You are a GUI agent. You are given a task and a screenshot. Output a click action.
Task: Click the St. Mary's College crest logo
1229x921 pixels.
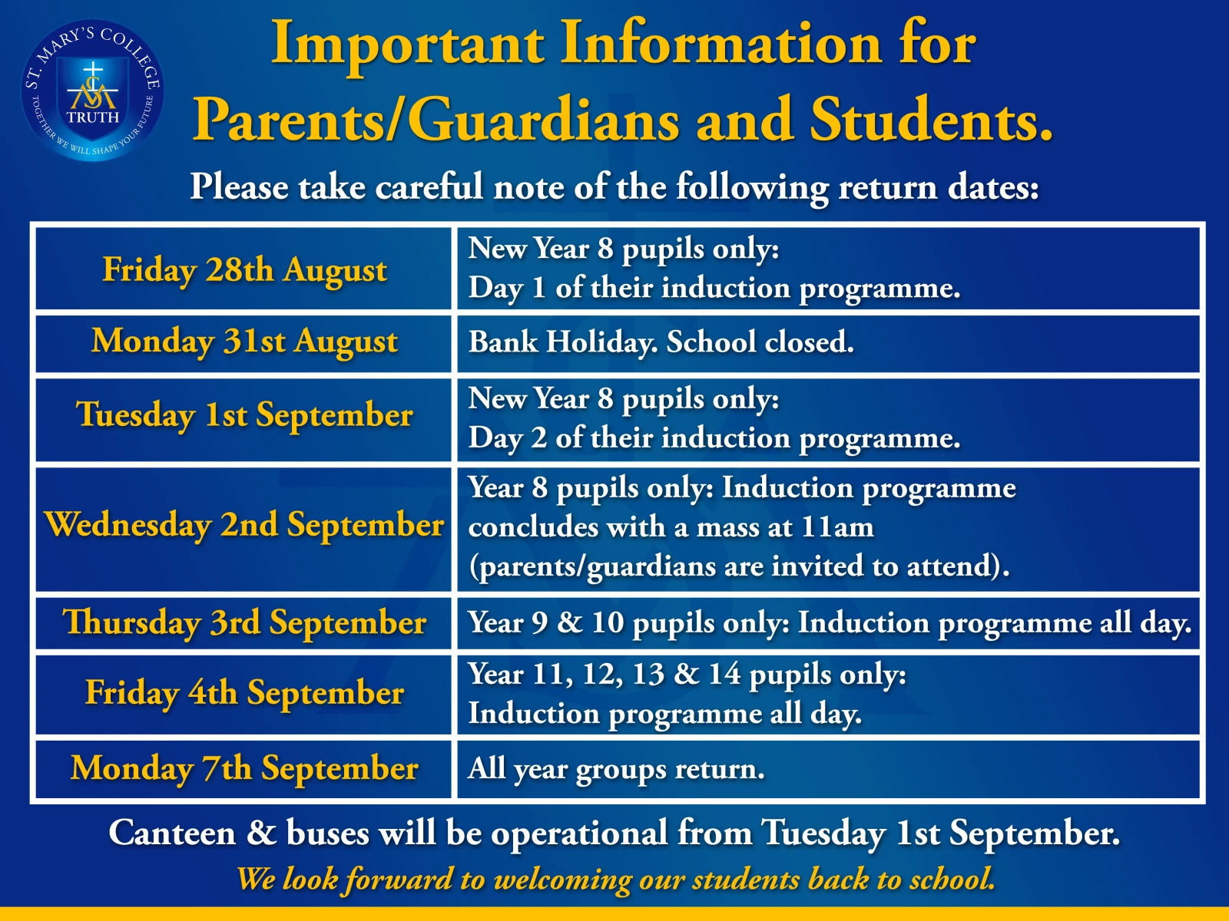(92, 91)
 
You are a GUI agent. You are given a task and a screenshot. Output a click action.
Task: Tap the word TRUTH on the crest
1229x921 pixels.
(93, 117)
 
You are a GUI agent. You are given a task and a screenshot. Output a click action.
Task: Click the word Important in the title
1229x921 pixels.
(408, 45)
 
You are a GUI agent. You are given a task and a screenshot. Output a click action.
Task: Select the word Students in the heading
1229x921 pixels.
(931, 119)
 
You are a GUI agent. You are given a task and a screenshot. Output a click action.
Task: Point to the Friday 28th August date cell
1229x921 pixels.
(243, 269)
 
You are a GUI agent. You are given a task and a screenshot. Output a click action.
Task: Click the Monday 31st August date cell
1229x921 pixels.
(243, 343)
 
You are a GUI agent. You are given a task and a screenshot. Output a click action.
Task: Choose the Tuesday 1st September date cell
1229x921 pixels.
(243, 419)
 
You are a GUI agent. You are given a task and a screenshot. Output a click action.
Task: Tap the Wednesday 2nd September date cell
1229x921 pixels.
(243, 529)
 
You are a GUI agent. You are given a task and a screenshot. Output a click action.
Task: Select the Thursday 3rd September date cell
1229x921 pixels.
(243, 623)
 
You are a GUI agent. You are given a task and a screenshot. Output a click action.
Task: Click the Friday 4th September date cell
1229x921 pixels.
(243, 695)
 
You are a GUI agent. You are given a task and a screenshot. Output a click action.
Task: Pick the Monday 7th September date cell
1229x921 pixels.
(243, 769)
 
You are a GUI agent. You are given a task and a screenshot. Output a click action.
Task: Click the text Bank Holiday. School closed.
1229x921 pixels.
(661, 342)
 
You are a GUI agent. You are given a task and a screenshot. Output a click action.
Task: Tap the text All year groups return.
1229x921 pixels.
(617, 770)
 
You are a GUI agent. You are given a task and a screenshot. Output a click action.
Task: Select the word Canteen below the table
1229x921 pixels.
(172, 833)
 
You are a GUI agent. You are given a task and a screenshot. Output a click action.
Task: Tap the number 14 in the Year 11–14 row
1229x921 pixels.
(725, 674)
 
